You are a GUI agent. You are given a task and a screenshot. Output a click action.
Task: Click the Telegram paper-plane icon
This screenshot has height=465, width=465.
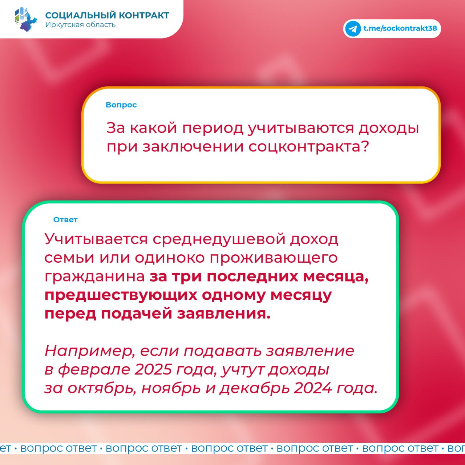[353, 29]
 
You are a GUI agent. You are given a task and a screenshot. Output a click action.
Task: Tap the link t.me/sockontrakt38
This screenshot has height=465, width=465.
[400, 28]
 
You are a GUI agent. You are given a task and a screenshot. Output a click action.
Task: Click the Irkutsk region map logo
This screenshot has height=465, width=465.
[26, 19]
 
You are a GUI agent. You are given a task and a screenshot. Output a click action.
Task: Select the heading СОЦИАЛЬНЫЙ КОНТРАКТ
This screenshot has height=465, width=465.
[107, 16]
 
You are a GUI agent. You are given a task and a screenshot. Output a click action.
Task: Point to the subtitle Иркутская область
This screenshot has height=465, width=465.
[80, 25]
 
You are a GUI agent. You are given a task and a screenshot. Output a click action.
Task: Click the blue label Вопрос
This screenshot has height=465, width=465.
[121, 105]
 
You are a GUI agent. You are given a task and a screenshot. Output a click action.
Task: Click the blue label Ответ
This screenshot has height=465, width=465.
[65, 219]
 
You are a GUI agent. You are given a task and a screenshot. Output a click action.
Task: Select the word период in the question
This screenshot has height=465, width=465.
[213, 128]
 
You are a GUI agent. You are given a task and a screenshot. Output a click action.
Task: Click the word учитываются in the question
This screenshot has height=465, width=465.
[301, 128]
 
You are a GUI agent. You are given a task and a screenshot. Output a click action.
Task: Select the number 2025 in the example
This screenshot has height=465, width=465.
[153, 369]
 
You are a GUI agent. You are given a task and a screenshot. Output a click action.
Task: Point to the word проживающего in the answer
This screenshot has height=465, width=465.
[274, 258]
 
